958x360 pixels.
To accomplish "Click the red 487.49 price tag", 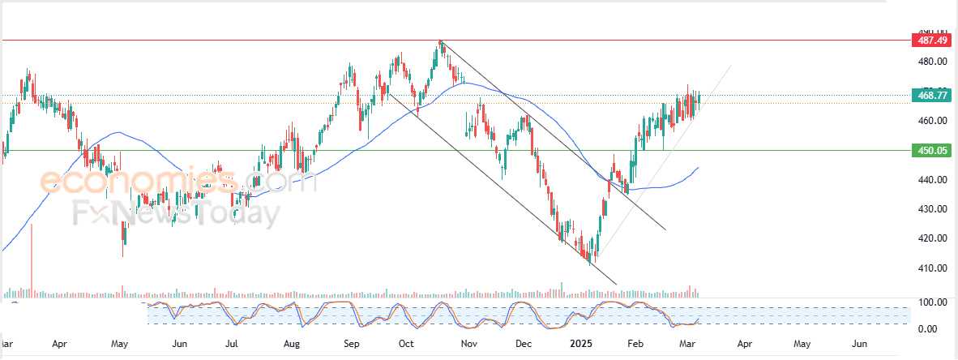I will coord(930,40).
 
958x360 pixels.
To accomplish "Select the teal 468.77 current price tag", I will coord(930,96).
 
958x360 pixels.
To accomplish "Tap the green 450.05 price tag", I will coord(930,150).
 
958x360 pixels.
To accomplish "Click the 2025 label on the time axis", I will coord(581,344).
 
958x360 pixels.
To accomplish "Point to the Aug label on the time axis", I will coord(292,344).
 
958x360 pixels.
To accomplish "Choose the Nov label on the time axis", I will coord(468,344).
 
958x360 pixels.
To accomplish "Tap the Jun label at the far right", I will coord(861,344).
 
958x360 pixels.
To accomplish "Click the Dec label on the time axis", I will coord(523,344).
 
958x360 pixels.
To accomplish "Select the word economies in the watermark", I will coord(138,180).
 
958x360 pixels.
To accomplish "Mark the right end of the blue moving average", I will coord(699,168).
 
